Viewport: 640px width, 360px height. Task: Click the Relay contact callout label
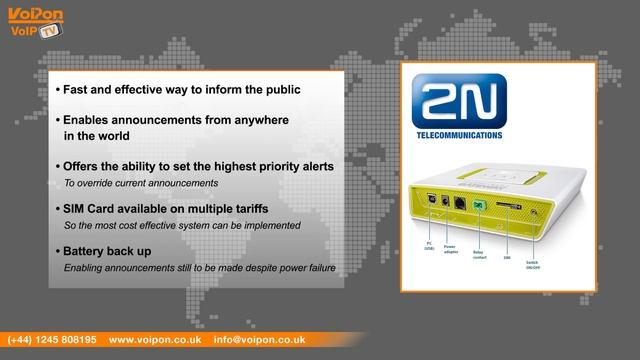[x=479, y=255]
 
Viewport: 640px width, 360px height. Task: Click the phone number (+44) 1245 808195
[x=52, y=340]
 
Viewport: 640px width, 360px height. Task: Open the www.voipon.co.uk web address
[x=154, y=340]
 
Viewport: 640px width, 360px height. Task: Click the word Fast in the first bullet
[x=77, y=90]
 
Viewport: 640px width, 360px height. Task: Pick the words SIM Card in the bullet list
[x=87, y=208]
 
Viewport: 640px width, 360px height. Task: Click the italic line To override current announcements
[x=141, y=184]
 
